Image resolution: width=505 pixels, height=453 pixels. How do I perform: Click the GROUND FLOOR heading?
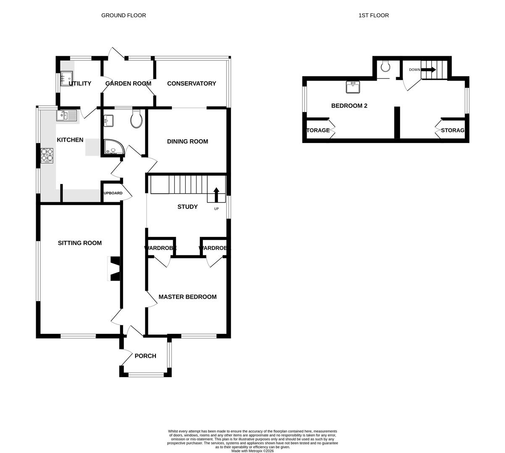[124, 16]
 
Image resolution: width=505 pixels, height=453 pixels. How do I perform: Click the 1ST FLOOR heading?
[373, 16]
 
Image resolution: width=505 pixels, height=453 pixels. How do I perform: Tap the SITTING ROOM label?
[80, 243]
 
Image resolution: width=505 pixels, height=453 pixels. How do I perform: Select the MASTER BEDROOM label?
[187, 297]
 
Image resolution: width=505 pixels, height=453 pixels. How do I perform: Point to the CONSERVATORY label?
[192, 83]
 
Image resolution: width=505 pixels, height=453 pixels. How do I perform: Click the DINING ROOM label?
[187, 141]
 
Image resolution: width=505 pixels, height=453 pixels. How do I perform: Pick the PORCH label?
[145, 356]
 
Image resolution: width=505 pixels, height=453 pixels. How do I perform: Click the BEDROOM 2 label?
[349, 106]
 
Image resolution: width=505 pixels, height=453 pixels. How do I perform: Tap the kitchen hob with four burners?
[47, 155]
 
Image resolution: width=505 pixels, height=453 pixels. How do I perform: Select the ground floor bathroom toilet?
[137, 119]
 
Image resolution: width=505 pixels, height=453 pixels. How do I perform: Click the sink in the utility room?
[67, 78]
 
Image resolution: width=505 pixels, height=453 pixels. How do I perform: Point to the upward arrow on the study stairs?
[216, 195]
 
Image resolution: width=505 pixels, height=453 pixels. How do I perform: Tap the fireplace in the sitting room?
[114, 268]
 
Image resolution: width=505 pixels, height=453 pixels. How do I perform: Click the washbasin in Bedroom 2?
[352, 87]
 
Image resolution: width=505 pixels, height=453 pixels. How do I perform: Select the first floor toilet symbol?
[385, 66]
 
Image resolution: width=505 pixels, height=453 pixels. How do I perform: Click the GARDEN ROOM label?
[128, 83]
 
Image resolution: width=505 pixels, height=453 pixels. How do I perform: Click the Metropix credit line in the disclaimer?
[252, 451]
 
